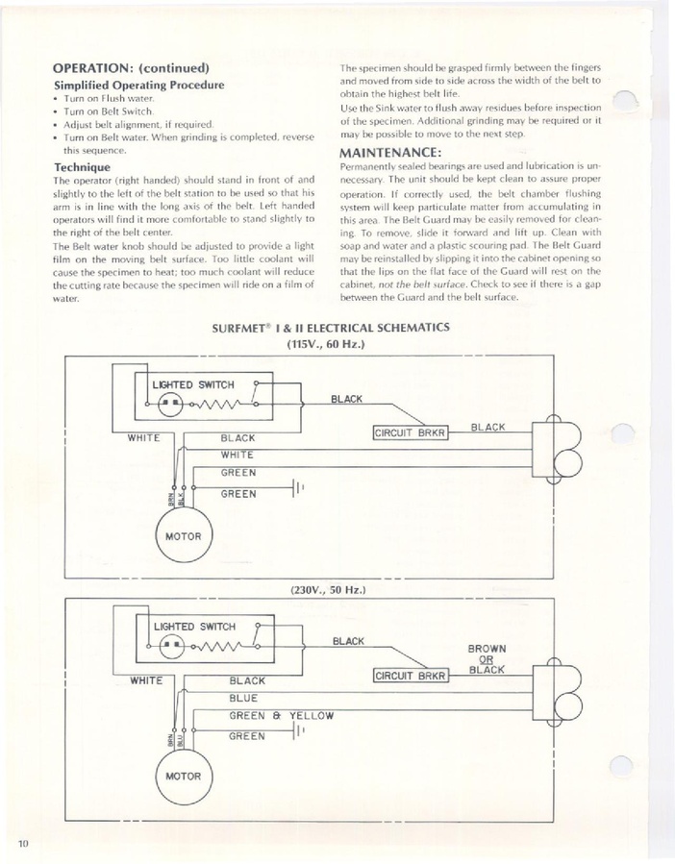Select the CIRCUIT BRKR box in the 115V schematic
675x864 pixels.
410,432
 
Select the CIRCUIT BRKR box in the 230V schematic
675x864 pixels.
411,675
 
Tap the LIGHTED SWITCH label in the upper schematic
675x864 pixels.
193,384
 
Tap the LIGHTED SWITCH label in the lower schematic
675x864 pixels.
194,627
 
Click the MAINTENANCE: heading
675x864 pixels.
390,152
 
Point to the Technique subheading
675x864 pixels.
82,167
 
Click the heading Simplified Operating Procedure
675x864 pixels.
139,85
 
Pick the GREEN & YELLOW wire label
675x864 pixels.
281,716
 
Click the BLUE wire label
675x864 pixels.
243,698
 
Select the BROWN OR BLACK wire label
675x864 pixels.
487,659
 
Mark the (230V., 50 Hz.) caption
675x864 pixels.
328,590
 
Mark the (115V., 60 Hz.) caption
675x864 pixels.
326,344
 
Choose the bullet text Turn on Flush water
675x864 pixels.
109,99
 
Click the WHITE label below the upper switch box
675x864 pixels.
144,438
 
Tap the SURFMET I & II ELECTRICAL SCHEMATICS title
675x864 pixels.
331,328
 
